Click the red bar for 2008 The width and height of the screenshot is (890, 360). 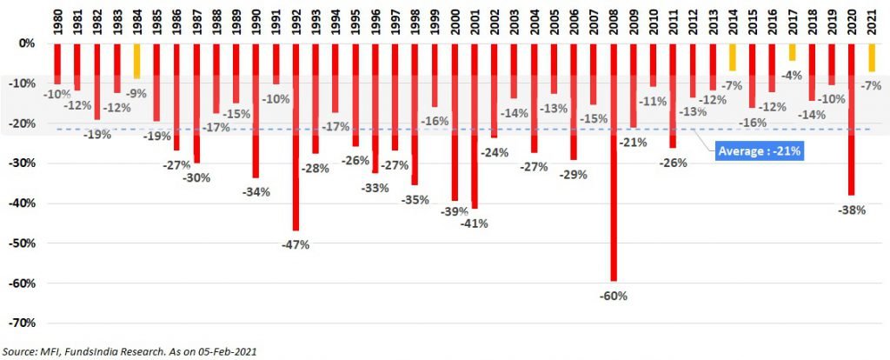click(614, 163)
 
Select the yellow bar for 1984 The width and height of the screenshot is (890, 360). click(136, 62)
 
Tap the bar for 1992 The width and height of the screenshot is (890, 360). click(296, 137)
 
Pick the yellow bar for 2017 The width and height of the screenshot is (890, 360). click(793, 52)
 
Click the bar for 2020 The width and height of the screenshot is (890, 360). click(852, 119)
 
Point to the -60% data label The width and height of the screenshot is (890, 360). click(614, 297)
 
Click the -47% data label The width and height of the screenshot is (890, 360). click(296, 245)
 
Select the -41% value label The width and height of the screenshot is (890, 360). click(475, 223)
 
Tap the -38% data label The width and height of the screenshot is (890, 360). click(852, 210)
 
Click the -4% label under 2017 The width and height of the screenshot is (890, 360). click(793, 75)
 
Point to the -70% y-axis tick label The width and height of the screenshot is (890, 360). click(23, 323)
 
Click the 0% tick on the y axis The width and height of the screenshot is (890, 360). click(28, 43)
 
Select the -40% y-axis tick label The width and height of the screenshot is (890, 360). click(23, 203)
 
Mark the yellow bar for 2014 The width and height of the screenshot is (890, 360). click(733, 57)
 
